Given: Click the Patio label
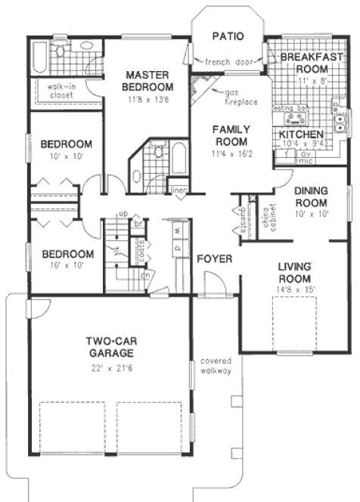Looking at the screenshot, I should click(x=227, y=35).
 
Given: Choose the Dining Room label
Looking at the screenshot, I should click(x=312, y=197).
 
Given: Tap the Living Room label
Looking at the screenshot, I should click(x=296, y=271).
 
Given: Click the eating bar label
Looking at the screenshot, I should click(x=287, y=107).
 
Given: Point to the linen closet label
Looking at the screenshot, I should click(x=179, y=190).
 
